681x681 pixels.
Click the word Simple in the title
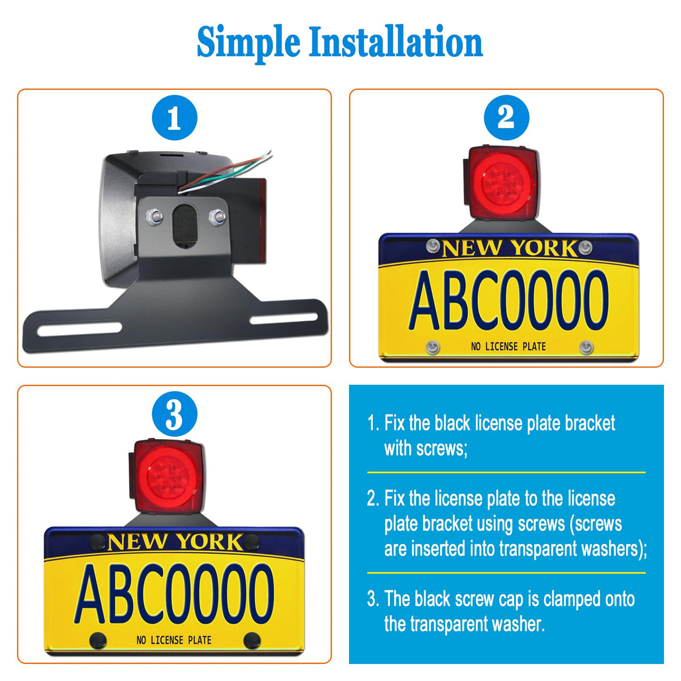pyautogui.click(x=249, y=44)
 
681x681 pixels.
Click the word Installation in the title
pyautogui.click(x=396, y=41)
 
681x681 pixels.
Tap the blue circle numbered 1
pyautogui.click(x=175, y=117)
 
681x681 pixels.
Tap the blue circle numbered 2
pyautogui.click(x=506, y=117)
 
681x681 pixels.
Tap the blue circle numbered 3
pyautogui.click(x=175, y=414)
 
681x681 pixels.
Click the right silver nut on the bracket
pyautogui.click(x=217, y=216)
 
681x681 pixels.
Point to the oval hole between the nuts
pyautogui.click(x=185, y=225)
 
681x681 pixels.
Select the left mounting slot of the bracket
pyautogui.click(x=79, y=329)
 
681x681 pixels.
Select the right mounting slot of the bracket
pyautogui.click(x=283, y=318)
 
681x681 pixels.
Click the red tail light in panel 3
pyautogui.click(x=167, y=476)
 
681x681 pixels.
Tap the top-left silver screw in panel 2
pyautogui.click(x=432, y=246)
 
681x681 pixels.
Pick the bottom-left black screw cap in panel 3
pyautogui.click(x=98, y=641)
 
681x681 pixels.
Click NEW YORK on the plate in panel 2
pyautogui.click(x=509, y=248)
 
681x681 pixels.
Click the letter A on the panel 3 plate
pyautogui.click(x=90, y=594)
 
